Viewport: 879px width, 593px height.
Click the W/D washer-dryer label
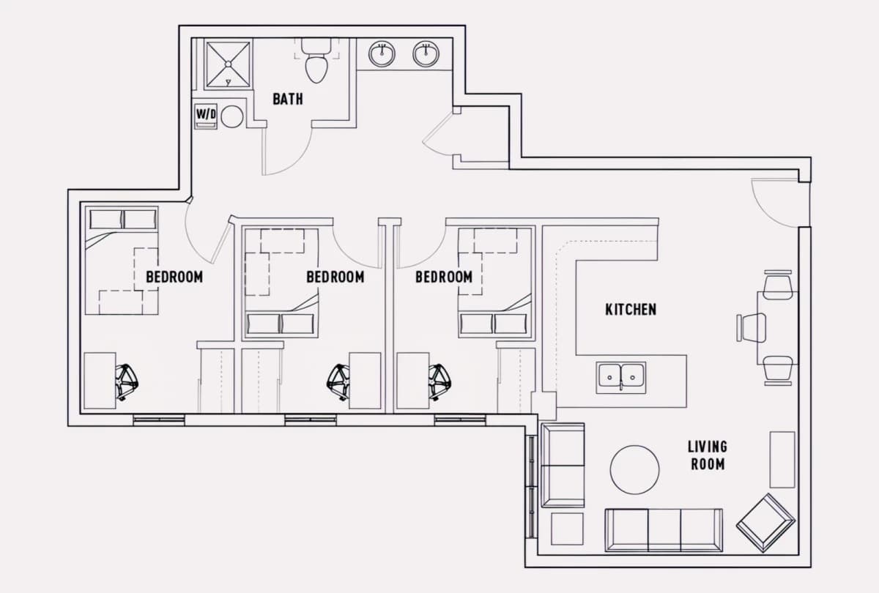click(206, 114)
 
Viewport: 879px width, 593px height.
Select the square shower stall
click(228, 64)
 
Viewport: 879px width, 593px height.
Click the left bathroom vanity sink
click(382, 53)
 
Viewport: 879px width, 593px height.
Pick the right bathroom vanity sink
click(426, 53)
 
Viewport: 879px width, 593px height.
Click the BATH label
click(288, 99)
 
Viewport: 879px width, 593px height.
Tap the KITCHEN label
click(631, 310)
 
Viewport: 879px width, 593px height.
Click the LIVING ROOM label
click(708, 455)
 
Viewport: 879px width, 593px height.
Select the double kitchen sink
click(621, 377)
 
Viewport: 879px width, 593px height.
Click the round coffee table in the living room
click(634, 469)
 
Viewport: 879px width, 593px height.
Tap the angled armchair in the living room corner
click(765, 523)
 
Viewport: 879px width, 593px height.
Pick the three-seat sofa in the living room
click(664, 530)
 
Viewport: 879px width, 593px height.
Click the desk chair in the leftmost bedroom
click(126, 382)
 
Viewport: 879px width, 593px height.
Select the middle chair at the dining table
click(752, 327)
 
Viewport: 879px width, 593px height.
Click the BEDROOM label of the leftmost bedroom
click(174, 277)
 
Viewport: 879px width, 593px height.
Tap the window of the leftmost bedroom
click(159, 420)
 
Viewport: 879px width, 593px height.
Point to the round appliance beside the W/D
click(232, 116)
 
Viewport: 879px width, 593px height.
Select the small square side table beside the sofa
click(567, 529)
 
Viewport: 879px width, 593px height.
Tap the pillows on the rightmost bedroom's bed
click(493, 324)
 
